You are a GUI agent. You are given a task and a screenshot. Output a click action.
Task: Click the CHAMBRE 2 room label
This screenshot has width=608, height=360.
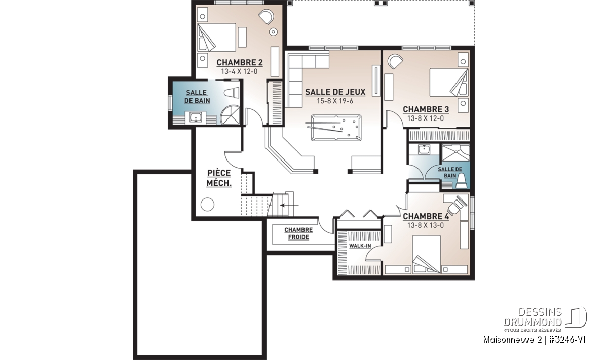click(x=240, y=63)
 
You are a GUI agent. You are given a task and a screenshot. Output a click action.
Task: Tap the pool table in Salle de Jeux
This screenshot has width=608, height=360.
click(x=336, y=128)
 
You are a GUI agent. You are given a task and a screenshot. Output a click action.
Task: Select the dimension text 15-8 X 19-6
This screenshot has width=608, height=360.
click(x=335, y=101)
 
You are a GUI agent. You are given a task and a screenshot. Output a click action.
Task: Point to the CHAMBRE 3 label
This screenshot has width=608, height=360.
click(x=426, y=109)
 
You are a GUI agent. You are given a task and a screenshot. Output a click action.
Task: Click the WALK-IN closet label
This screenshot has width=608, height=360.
click(x=360, y=246)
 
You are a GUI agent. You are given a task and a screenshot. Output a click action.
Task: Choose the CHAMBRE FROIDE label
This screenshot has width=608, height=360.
click(x=298, y=233)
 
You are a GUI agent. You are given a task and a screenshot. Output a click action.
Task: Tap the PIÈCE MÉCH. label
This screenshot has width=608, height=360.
click(x=219, y=178)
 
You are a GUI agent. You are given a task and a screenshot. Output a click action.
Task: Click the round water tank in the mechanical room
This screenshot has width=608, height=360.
click(x=207, y=204)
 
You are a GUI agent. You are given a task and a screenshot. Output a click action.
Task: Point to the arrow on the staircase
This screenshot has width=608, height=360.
click(x=289, y=205)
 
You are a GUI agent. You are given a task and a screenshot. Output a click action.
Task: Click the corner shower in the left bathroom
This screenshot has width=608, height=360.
click(x=230, y=115)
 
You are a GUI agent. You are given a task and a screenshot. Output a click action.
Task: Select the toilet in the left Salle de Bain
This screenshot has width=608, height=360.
click(x=232, y=93)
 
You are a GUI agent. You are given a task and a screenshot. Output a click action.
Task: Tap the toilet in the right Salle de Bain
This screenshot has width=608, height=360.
click(x=462, y=181)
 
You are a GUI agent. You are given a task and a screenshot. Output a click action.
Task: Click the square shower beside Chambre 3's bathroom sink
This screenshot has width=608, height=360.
click(x=455, y=153)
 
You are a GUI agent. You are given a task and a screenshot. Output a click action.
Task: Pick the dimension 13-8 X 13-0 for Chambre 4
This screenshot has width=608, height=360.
click(x=425, y=225)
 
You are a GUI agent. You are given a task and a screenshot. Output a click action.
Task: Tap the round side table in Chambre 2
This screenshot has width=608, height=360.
click(x=273, y=32)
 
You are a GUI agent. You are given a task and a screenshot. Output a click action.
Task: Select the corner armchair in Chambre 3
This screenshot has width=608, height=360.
click(x=395, y=62)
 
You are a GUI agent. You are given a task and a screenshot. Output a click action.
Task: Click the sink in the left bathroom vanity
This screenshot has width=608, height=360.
click(x=196, y=118)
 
